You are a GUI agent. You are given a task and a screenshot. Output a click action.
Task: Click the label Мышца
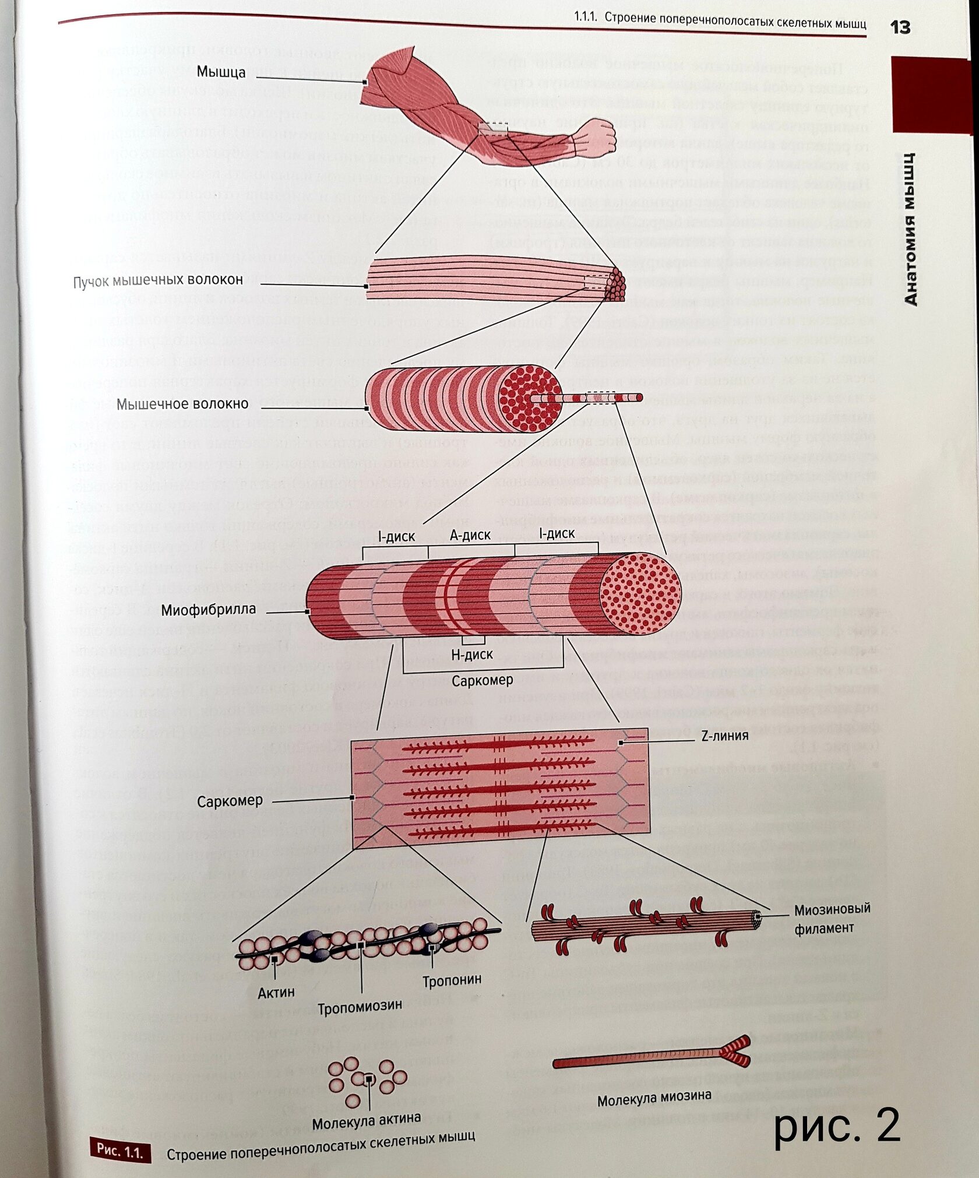(x=221, y=72)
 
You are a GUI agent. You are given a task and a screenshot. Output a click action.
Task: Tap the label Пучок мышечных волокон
(x=158, y=281)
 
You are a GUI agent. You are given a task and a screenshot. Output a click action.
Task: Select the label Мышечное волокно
(x=182, y=404)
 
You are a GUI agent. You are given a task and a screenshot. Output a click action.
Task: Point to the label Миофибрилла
(x=208, y=610)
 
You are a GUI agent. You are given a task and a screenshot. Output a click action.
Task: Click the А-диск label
(x=470, y=535)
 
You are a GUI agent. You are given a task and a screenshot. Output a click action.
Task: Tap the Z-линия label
(x=724, y=736)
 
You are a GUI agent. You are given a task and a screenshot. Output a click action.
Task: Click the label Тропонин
(x=452, y=980)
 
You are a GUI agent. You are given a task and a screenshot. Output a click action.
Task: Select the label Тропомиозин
(x=360, y=1007)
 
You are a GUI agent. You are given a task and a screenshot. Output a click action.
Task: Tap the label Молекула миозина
(x=654, y=1098)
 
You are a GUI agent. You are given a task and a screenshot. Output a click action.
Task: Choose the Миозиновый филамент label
(x=832, y=918)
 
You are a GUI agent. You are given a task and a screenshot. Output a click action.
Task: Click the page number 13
(x=900, y=27)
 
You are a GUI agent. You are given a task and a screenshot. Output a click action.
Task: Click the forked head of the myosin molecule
(x=735, y=1047)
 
